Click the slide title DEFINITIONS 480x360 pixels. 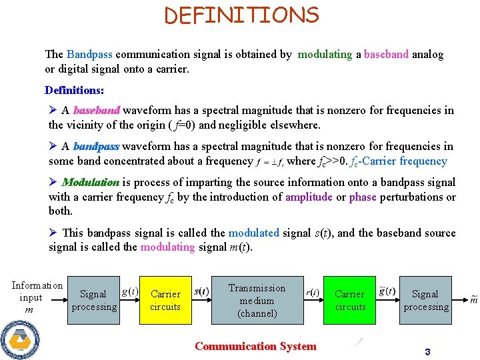pos(242,15)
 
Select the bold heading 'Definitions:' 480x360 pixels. pos(74,90)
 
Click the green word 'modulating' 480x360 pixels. pos(325,55)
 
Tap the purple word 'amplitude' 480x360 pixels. pos(308,197)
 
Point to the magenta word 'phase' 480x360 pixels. pos(363,197)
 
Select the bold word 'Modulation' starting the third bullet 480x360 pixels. pos(91,182)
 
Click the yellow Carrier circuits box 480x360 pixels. pos(165,300)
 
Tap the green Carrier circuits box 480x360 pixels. pos(350,300)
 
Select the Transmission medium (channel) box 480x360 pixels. pos(257,300)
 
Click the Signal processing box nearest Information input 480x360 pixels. pos(93,300)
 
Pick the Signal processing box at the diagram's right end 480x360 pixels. pos(425,300)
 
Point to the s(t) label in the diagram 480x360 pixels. pos(201,291)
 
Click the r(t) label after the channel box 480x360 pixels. pos(312,292)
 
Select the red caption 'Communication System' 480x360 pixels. pos(255,346)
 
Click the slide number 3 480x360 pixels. pos(427,351)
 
